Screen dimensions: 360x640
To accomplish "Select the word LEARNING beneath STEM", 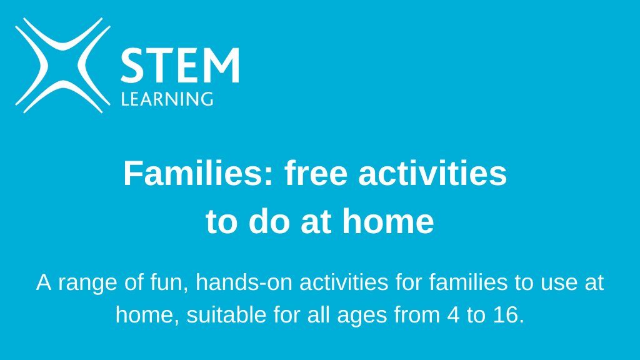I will click(167, 99).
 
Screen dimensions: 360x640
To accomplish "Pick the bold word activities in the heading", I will click(432, 174).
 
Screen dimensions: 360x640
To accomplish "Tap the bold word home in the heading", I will click(391, 221).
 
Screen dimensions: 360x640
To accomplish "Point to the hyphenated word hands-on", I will click(244, 282).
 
